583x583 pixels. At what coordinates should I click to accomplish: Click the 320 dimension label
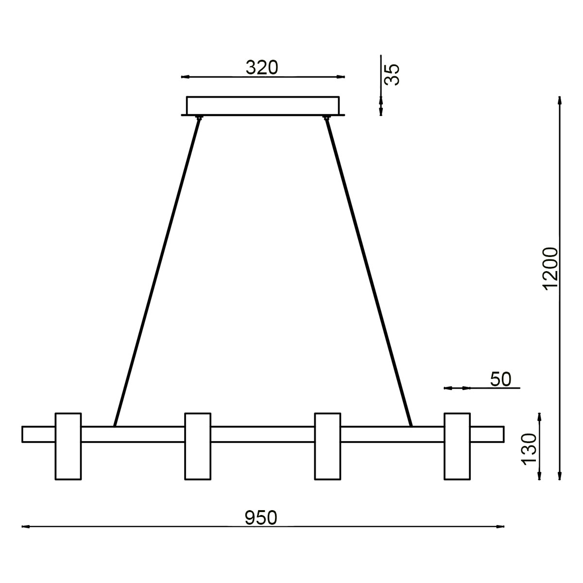point(262,68)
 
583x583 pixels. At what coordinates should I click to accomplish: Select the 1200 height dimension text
point(551,269)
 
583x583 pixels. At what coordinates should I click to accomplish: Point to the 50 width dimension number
point(500,379)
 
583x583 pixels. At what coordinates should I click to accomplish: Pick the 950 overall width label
point(261,518)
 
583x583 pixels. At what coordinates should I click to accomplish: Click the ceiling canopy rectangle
point(263,105)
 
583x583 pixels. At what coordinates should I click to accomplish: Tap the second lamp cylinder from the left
point(198,446)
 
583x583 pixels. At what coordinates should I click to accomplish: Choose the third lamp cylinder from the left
point(328,446)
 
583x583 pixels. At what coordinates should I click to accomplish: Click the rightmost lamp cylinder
point(457,446)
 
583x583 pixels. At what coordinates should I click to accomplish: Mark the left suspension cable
point(155,272)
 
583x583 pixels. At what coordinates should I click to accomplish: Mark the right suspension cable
point(369,272)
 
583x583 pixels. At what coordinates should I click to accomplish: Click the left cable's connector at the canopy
point(198,118)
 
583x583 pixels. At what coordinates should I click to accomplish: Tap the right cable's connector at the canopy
point(327,118)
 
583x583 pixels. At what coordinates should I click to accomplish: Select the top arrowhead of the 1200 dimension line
point(561,101)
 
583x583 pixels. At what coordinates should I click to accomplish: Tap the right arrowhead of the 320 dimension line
point(341,77)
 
